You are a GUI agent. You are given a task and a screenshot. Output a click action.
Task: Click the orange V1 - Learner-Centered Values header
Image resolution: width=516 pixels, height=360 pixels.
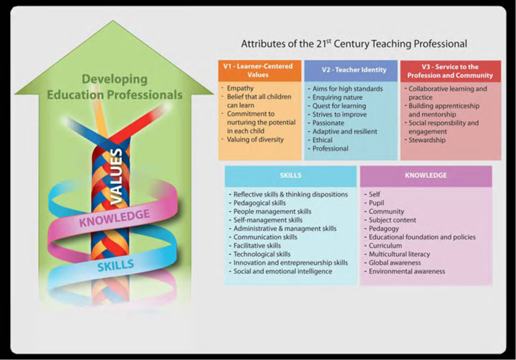[259, 70]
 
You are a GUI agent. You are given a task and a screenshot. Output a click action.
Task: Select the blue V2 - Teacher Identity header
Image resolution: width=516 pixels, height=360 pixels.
[349, 70]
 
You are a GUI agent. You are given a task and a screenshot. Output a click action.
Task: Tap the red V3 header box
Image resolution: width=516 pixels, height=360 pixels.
[450, 70]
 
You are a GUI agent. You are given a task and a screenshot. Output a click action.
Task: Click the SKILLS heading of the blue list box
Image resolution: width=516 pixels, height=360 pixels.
[290, 175]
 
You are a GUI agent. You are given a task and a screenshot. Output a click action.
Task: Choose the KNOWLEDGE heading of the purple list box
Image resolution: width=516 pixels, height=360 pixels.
[425, 175]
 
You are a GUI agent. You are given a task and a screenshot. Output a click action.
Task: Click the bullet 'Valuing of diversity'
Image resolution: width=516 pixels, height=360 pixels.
[256, 141]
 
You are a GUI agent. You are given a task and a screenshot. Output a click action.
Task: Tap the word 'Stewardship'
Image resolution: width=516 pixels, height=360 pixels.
[428, 140]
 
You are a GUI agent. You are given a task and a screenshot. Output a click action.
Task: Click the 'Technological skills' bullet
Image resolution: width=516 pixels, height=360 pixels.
[262, 255]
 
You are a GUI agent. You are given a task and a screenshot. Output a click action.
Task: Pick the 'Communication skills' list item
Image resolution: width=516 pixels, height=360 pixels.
[265, 237]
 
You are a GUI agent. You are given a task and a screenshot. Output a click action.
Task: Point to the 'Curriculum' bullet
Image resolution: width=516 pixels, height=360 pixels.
[386, 246]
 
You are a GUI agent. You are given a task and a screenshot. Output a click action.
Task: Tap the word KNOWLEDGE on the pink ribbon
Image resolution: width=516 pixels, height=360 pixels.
[115, 216]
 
